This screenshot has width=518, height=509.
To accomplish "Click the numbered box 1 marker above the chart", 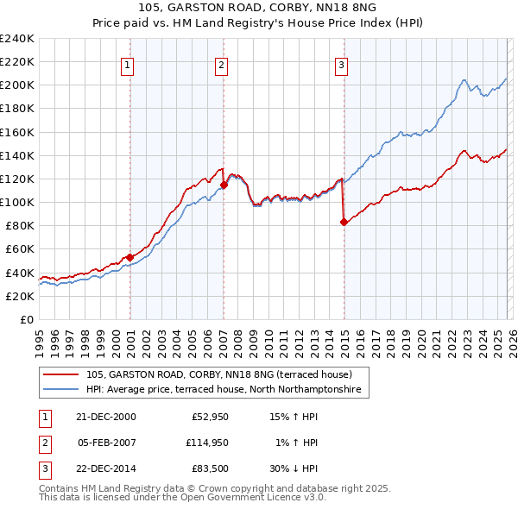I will [128, 64].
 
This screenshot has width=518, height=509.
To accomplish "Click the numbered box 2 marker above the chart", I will [222, 64].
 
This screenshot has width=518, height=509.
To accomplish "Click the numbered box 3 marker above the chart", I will [342, 64].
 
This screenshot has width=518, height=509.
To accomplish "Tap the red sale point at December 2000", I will [130, 257].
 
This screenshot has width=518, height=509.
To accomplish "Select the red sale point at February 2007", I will [224, 184].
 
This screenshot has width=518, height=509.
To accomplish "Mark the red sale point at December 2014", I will [344, 222].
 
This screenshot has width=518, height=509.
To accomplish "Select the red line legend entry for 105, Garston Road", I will [218, 374].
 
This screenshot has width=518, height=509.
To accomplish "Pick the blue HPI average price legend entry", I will [226, 390].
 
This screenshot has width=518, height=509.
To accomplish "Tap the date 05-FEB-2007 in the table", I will [107, 443].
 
